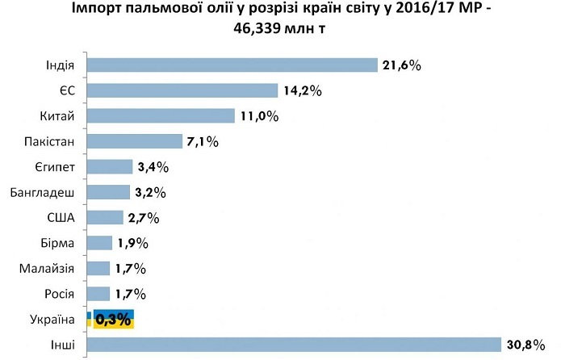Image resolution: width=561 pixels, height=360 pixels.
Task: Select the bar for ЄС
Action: pos(181,90)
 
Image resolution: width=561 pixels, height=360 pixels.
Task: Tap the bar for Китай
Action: pos(159,115)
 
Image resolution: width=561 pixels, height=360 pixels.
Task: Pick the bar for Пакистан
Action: pos(133,141)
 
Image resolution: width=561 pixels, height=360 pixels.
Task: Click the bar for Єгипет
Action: pos(108,167)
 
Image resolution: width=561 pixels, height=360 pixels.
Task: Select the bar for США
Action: pos(104,218)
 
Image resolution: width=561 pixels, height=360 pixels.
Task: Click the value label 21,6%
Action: pos(402,65)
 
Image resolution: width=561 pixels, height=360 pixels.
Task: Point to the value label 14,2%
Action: pos(302,90)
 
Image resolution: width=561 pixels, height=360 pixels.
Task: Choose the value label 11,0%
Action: pos(258,115)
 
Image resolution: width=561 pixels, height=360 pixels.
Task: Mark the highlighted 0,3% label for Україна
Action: pos(113,319)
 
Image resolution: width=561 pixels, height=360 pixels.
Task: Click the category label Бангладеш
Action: pos(44,193)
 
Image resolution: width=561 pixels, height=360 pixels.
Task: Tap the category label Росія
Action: pos(57,294)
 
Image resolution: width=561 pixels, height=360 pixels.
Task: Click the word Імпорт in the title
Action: pos(122,9)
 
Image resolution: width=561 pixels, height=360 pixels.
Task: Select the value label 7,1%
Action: pos(203,141)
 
